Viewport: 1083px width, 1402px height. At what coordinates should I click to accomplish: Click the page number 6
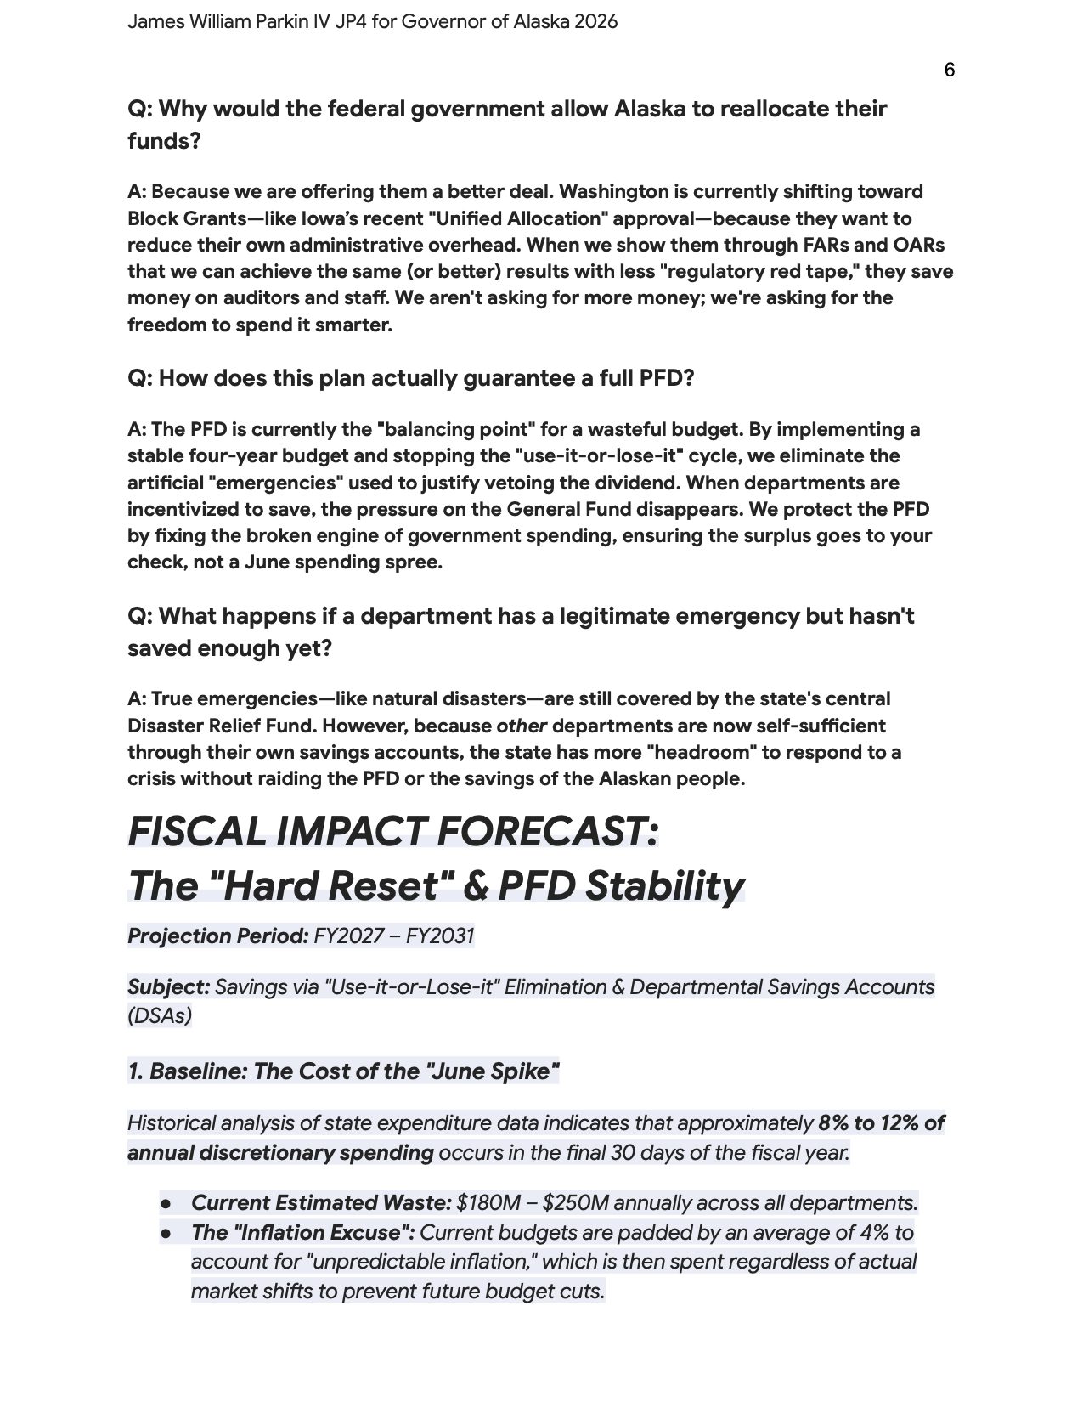949,70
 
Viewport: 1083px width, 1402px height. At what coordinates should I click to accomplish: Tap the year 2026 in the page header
595,22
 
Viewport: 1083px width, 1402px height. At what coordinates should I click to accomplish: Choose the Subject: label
168,987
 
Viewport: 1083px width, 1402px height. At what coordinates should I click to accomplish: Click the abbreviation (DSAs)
160,1015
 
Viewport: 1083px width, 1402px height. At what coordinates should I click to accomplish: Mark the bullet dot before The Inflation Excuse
166,1232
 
